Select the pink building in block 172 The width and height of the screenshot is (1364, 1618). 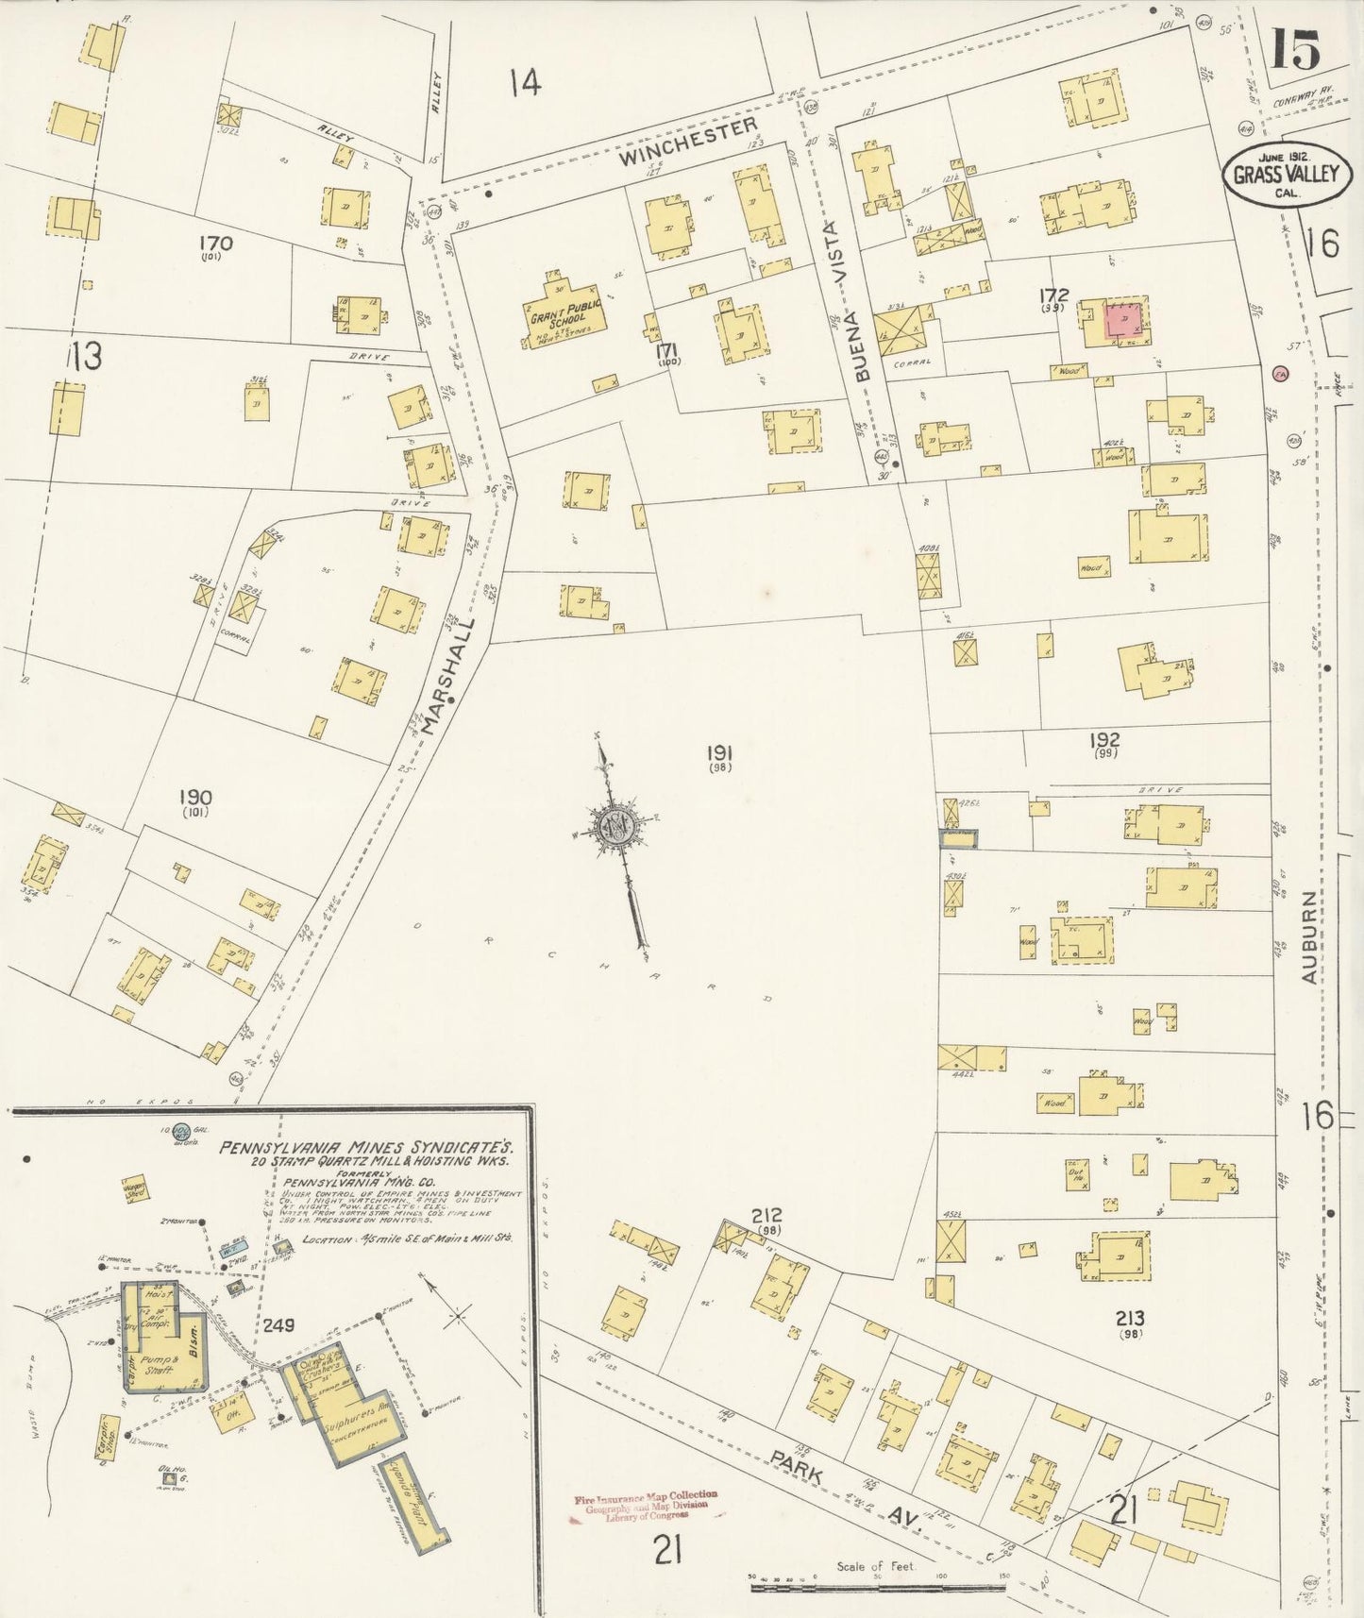coord(1125,321)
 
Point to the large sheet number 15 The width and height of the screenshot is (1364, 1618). coord(1294,49)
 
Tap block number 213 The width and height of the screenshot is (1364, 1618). coord(1129,1318)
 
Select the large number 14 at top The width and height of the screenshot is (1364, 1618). coord(525,83)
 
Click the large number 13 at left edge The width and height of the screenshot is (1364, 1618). coord(85,357)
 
